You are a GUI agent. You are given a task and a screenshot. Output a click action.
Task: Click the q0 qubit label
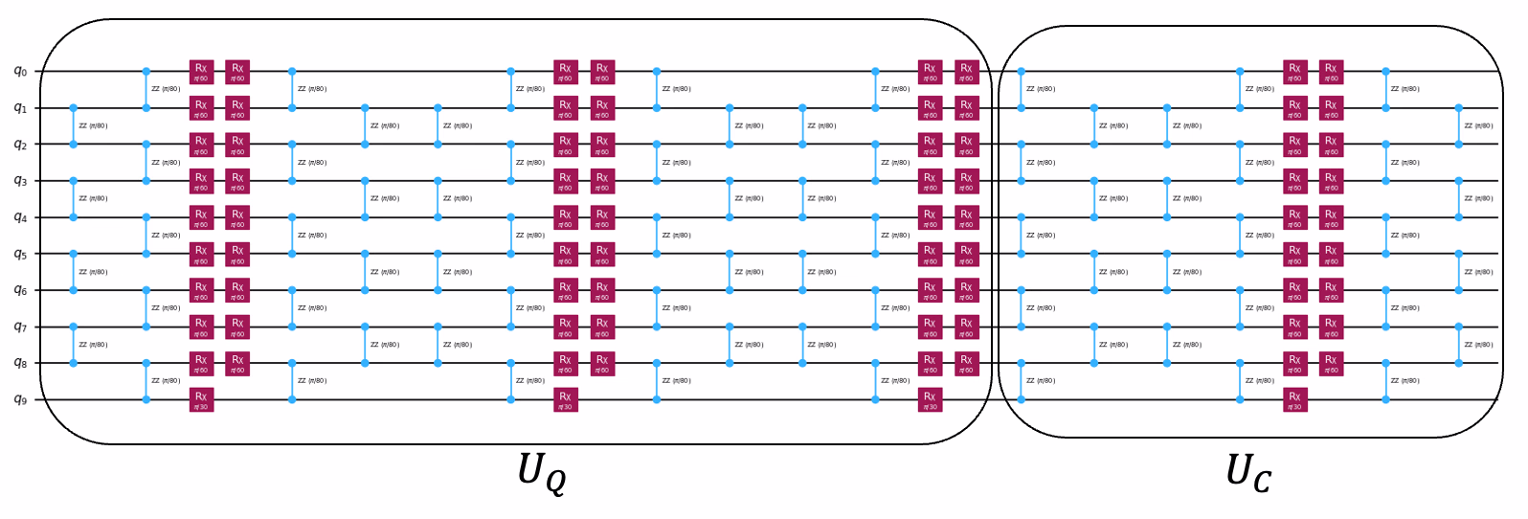(x=20, y=71)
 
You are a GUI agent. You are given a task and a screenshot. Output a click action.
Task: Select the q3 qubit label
(x=20, y=180)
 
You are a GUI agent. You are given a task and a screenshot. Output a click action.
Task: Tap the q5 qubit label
(x=20, y=254)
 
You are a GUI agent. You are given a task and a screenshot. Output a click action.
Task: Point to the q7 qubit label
(x=20, y=327)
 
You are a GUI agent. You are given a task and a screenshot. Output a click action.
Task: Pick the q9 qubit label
(x=20, y=399)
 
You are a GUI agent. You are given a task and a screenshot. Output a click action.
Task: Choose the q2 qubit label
(x=20, y=144)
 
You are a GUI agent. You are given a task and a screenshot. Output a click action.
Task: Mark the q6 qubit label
(x=20, y=290)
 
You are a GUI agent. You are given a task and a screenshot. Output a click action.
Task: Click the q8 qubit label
(x=20, y=363)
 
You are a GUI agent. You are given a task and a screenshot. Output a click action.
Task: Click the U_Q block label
(x=541, y=472)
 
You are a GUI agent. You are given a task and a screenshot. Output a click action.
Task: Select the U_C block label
(x=1248, y=472)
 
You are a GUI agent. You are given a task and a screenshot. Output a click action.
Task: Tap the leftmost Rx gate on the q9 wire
(x=201, y=399)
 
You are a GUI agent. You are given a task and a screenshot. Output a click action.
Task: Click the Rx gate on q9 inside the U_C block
(x=1294, y=399)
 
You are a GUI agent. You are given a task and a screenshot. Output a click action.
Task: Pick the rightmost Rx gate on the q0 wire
(x=1331, y=72)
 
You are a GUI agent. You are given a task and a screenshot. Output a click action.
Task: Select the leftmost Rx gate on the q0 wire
(x=201, y=72)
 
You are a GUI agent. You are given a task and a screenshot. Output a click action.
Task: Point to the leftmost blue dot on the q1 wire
(x=74, y=108)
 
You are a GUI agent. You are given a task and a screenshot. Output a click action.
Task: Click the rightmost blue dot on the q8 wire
(x=1458, y=363)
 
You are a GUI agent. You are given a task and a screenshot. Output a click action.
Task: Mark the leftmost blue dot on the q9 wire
(x=146, y=399)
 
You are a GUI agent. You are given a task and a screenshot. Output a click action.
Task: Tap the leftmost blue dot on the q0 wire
(x=146, y=71)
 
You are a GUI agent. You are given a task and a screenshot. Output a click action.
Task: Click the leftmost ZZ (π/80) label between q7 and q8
(x=93, y=345)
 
